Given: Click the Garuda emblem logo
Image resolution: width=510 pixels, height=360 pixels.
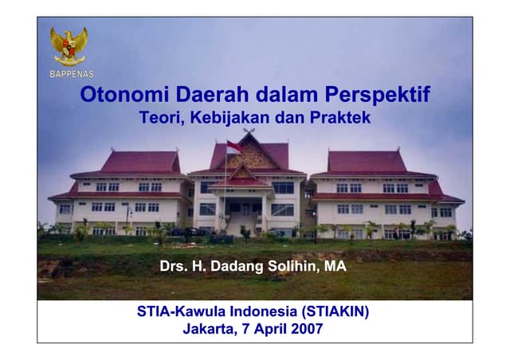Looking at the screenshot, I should coord(69,45).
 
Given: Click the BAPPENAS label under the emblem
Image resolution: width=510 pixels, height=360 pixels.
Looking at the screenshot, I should coord(71,74).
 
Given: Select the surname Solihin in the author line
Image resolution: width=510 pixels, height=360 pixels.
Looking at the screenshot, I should coord(291,266).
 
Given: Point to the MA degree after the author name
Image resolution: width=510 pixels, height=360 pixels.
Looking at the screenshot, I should coord(335,266).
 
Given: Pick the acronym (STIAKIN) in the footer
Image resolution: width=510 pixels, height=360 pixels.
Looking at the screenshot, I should coord(337,311).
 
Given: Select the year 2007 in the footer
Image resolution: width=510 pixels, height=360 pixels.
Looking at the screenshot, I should coord(307,329).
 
